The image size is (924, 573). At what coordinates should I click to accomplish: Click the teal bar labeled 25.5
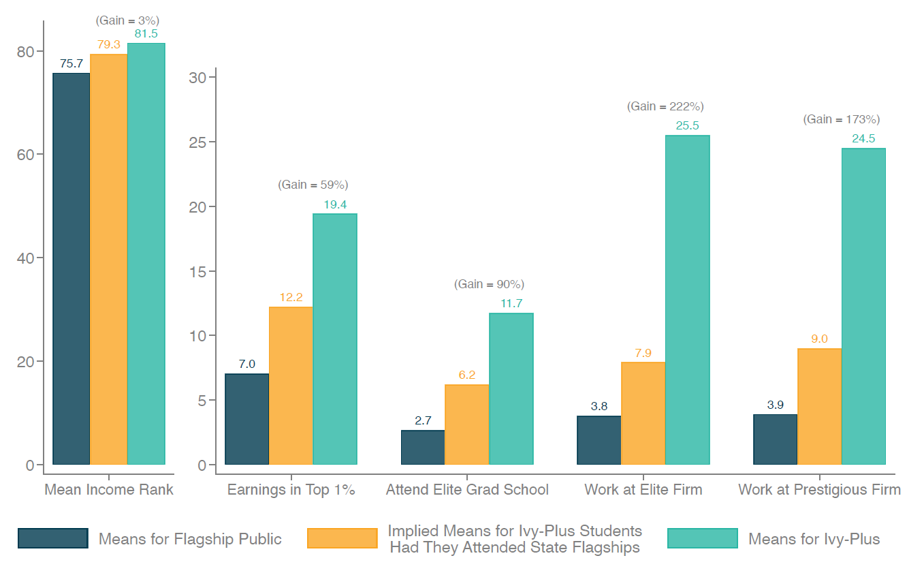[687, 300]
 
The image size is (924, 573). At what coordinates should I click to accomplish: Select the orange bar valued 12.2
[291, 386]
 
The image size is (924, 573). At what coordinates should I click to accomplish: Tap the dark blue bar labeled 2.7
[423, 448]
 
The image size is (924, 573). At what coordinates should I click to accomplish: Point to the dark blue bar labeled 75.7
[71, 268]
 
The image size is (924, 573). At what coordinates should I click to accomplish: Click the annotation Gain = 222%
[665, 106]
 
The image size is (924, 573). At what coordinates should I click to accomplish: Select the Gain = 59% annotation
[313, 185]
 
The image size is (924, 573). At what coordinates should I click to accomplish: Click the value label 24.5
[863, 138]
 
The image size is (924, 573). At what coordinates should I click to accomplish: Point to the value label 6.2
[467, 375]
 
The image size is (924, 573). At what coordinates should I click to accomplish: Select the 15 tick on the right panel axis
[197, 271]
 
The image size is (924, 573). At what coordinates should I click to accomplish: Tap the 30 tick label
[197, 77]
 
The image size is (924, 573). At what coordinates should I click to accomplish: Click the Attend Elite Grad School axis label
[467, 489]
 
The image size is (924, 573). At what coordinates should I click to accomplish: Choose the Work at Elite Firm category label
[643, 489]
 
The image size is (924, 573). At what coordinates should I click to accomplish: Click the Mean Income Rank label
[109, 489]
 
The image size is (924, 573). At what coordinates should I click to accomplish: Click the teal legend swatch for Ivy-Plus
[702, 538]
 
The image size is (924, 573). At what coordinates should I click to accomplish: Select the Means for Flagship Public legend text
[190, 539]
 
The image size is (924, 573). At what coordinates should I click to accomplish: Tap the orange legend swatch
[342, 538]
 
